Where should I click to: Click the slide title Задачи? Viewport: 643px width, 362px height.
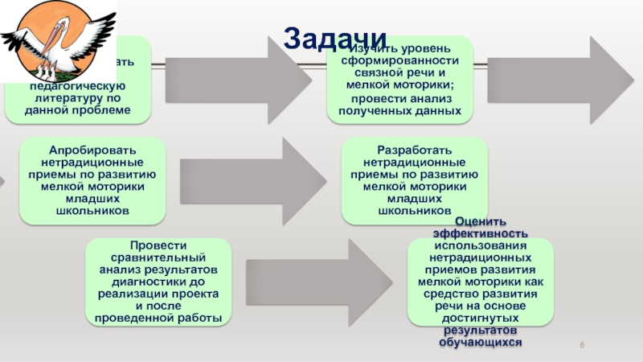click(x=335, y=36)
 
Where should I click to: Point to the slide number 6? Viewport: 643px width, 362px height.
click(x=582, y=345)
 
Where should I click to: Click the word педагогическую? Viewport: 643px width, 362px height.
click(x=77, y=84)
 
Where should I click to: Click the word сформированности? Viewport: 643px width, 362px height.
click(x=399, y=60)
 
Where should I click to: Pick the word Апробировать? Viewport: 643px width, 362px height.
click(x=92, y=150)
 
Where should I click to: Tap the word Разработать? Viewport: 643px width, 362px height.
click(x=414, y=150)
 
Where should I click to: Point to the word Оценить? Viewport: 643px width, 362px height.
click(x=480, y=221)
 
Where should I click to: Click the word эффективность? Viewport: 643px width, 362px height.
click(x=480, y=232)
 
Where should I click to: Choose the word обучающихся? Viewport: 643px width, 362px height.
click(x=480, y=342)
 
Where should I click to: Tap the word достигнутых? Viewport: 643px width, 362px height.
click(x=480, y=319)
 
